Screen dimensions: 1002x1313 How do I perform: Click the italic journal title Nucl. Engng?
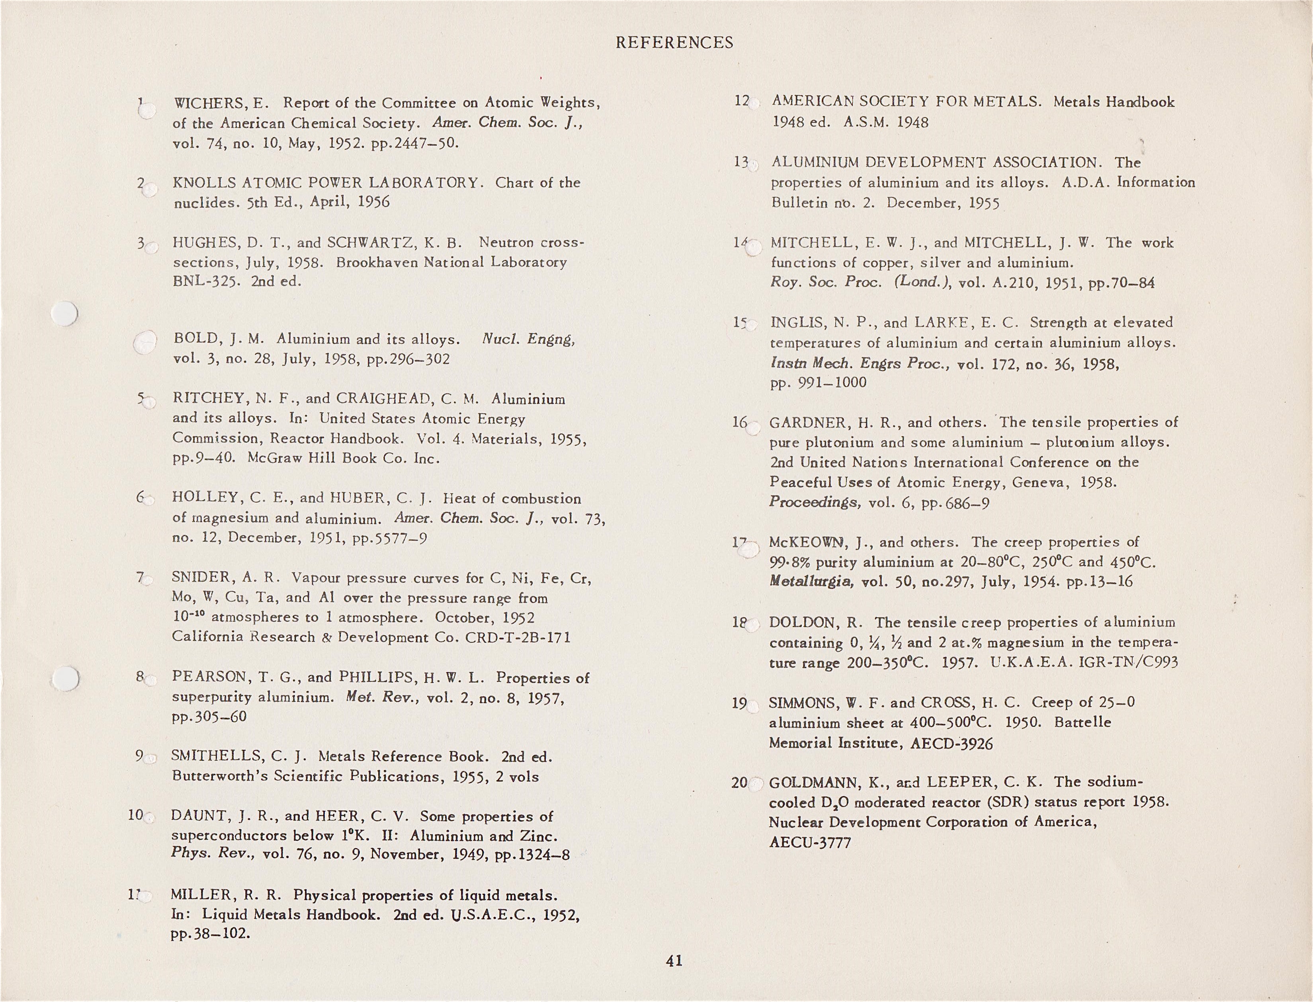tap(528, 339)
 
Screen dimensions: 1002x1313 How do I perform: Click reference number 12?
tap(742, 102)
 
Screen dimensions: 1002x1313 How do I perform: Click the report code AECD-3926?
tap(952, 743)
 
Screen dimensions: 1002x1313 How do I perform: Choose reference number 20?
tap(739, 783)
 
